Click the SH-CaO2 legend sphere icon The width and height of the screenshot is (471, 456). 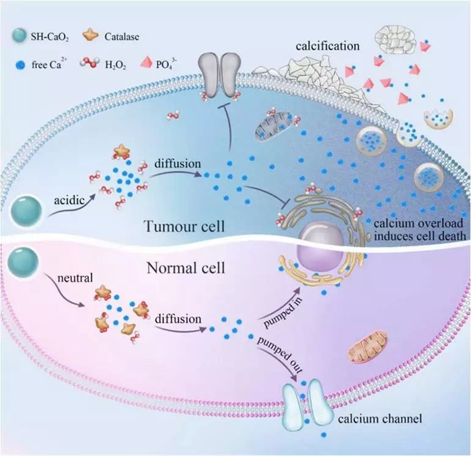click(20, 36)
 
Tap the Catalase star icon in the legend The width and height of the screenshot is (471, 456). click(90, 36)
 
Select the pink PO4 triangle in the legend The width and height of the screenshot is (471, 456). click(146, 63)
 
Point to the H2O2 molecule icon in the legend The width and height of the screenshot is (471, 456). click(89, 63)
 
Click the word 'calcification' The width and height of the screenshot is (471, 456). click(328, 46)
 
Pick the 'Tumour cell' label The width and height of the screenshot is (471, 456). click(184, 226)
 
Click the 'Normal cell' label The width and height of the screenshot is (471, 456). click(186, 267)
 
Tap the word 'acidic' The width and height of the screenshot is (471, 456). click(69, 200)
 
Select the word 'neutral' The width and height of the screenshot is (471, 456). click(75, 278)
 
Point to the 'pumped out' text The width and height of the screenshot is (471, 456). click(280, 354)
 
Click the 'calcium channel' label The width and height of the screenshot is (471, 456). click(380, 418)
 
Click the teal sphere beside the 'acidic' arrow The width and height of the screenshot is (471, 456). click(26, 211)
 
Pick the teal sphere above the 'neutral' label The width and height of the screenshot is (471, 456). click(23, 262)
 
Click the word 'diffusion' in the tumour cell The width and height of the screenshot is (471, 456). click(178, 164)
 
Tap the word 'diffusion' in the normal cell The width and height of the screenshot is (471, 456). click(178, 319)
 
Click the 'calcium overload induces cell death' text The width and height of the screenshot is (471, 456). click(419, 230)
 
